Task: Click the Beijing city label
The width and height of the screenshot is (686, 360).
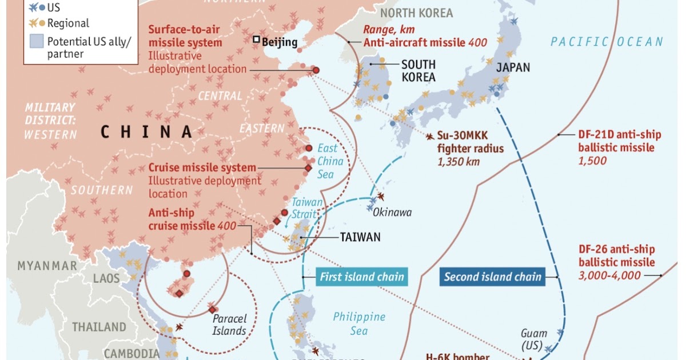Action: [280, 42]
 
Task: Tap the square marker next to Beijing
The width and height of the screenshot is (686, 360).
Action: [257, 40]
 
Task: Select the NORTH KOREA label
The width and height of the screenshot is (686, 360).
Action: [416, 13]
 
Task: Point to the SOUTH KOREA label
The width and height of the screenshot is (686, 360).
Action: [418, 71]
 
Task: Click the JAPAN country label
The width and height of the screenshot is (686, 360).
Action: [513, 67]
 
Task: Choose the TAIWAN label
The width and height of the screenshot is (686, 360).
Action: [360, 237]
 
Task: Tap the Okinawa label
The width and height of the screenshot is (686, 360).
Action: [392, 213]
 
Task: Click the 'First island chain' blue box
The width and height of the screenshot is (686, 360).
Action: [361, 277]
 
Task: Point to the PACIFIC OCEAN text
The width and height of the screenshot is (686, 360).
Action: [607, 41]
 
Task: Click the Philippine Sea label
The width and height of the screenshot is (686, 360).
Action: [359, 323]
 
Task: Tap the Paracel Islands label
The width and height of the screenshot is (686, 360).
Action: [229, 325]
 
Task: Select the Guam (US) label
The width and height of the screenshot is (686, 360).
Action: [533, 339]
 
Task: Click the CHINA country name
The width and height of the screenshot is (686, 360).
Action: [147, 132]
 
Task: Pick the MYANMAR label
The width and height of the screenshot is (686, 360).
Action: [47, 266]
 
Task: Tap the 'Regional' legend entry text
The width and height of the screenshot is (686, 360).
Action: [68, 23]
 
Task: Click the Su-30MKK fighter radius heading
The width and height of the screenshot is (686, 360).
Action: [470, 143]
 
